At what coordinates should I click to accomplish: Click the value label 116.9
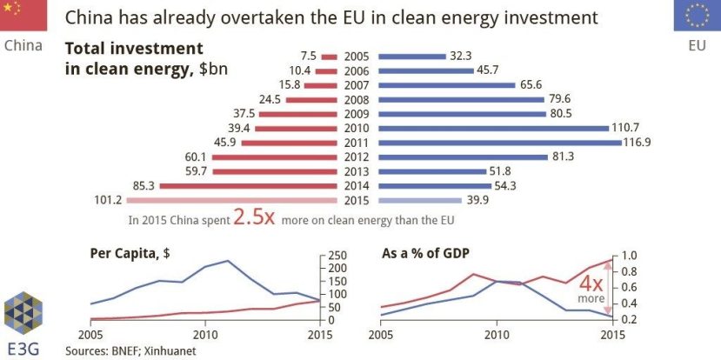(637, 142)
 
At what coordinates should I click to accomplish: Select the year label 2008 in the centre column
(357, 99)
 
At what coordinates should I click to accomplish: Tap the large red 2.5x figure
(254, 218)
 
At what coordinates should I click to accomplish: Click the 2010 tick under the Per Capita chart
(206, 334)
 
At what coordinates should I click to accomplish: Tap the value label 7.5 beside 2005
(306, 57)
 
